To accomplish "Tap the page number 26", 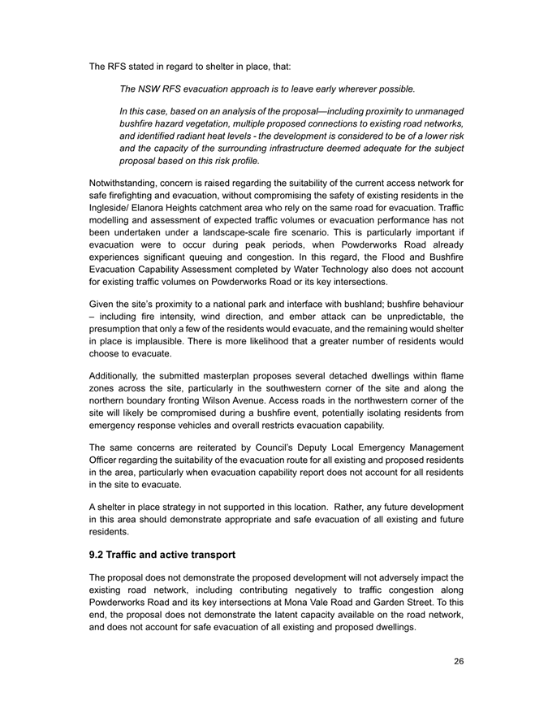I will (x=459, y=661).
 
